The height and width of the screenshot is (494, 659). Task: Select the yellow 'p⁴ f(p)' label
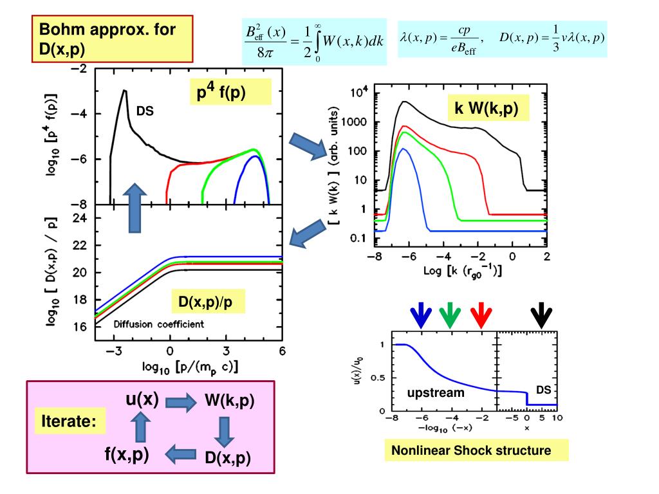[229, 93]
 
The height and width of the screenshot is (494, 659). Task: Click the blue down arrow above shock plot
[422, 315]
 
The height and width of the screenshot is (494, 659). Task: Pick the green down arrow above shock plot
[450, 315]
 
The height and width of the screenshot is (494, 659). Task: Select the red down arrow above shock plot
[480, 315]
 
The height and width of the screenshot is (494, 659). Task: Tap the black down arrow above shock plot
[541, 315]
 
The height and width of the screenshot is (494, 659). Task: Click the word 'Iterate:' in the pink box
[69, 422]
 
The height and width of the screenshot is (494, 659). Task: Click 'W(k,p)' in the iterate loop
[229, 401]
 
